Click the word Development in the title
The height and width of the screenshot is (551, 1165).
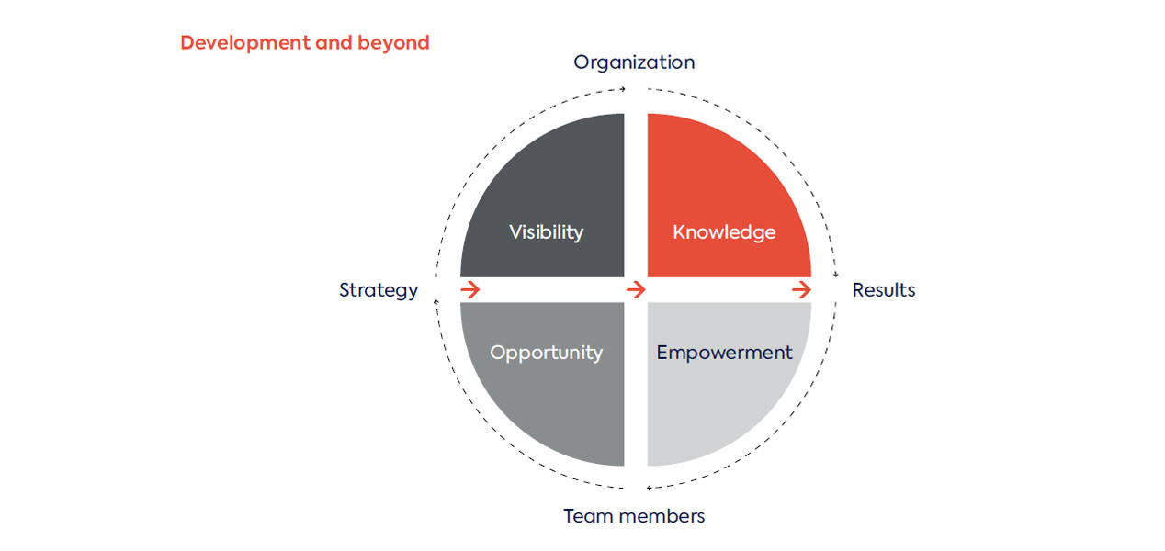[x=244, y=43]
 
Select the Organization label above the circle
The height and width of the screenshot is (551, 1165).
[x=634, y=62]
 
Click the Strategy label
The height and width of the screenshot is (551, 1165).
[x=379, y=290]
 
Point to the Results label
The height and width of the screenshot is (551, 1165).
[x=884, y=289]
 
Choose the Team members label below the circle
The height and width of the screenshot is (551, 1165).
[x=634, y=516]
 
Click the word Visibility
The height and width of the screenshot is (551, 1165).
[x=546, y=232]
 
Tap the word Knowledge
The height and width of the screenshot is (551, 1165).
[x=724, y=232]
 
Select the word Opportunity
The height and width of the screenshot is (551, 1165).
[x=546, y=353]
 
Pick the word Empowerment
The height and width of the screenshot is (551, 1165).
[x=725, y=353]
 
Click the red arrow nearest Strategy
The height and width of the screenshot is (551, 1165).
[x=470, y=289]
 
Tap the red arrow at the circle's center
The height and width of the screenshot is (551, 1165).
[x=636, y=289]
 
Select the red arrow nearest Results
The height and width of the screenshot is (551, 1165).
[x=801, y=289]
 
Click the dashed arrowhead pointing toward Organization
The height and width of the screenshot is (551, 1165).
[x=623, y=89]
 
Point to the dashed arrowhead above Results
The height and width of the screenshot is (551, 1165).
[x=836, y=274]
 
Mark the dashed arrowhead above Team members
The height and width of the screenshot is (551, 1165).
[x=649, y=488]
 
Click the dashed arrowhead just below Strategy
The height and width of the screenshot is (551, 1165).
[x=436, y=302]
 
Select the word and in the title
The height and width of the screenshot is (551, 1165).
[x=334, y=43]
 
